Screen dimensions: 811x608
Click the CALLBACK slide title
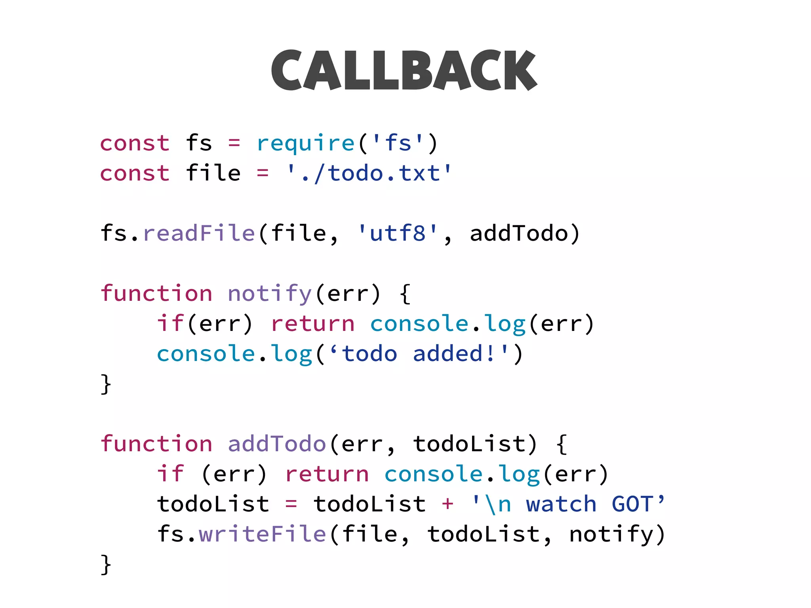[x=404, y=70]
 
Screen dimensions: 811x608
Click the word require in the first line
[x=305, y=143]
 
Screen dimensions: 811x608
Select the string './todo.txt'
[x=369, y=173]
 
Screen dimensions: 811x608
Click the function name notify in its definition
[x=270, y=294]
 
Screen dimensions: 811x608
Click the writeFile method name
[x=262, y=534]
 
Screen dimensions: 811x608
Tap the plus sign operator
[x=447, y=504]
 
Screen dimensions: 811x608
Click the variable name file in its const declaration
[x=213, y=173]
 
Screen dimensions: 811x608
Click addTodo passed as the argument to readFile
[x=519, y=233]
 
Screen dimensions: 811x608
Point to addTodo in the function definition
[x=277, y=444]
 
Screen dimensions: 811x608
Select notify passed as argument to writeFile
[x=611, y=534]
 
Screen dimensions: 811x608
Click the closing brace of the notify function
[x=106, y=384]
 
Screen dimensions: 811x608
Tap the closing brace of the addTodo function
[x=106, y=564]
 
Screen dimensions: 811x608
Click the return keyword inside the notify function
[x=313, y=324]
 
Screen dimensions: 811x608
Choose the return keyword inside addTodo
[x=327, y=474]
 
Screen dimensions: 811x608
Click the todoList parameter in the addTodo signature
[x=470, y=444]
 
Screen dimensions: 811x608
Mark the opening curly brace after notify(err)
[x=405, y=294]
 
